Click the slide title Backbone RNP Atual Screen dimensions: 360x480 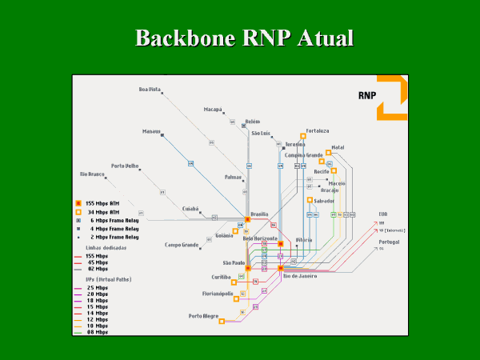[244, 38]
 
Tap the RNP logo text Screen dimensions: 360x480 [367, 94]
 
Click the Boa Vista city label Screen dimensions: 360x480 [150, 90]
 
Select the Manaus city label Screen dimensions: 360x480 [151, 131]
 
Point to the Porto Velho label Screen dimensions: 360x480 [126, 166]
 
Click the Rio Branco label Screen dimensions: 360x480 [92, 174]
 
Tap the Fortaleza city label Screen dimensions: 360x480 [318, 130]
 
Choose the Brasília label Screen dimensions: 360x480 [259, 214]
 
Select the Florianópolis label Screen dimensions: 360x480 [218, 294]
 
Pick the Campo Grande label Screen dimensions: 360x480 [182, 245]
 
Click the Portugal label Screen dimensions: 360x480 [390, 241]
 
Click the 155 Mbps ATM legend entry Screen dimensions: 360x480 [102, 203]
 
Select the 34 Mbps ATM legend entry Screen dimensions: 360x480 [102, 212]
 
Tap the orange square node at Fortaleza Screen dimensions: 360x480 [303, 136]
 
